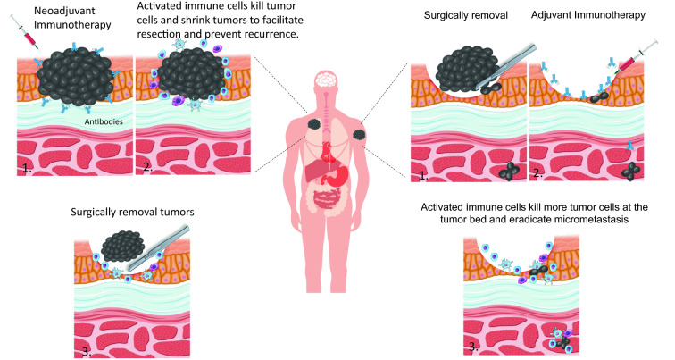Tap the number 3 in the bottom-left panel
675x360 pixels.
click(x=86, y=349)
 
